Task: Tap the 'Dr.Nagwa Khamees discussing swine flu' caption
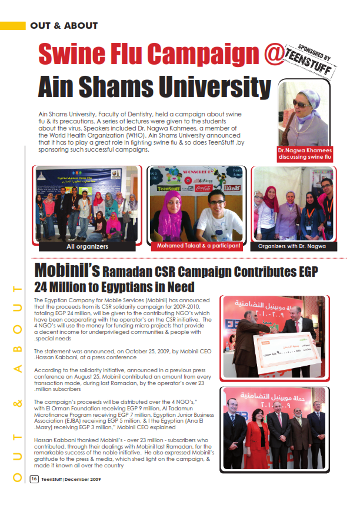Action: (x=305, y=155)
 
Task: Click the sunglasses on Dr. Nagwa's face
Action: (x=300, y=103)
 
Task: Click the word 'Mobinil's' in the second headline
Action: (x=66, y=270)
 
